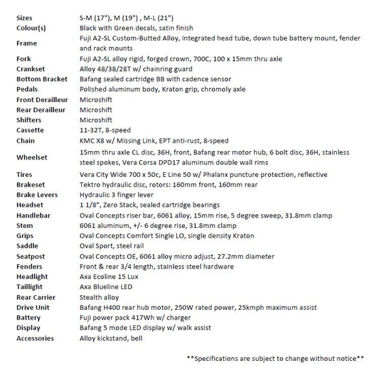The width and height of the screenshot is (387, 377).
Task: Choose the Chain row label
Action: pyautogui.click(x=26, y=141)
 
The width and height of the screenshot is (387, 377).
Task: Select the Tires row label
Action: pyautogui.click(x=25, y=174)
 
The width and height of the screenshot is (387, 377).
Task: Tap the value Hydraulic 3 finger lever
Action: pyautogui.click(x=117, y=194)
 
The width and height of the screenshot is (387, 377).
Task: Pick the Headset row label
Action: pyautogui.click(x=31, y=205)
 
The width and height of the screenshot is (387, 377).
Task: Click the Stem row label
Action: pyautogui.click(x=25, y=225)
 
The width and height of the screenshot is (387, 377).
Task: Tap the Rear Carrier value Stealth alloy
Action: pyautogui.click(x=101, y=298)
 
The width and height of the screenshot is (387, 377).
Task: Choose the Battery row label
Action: pyautogui.click(x=30, y=318)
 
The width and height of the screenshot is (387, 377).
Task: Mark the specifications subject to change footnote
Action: pyautogui.click(x=275, y=358)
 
